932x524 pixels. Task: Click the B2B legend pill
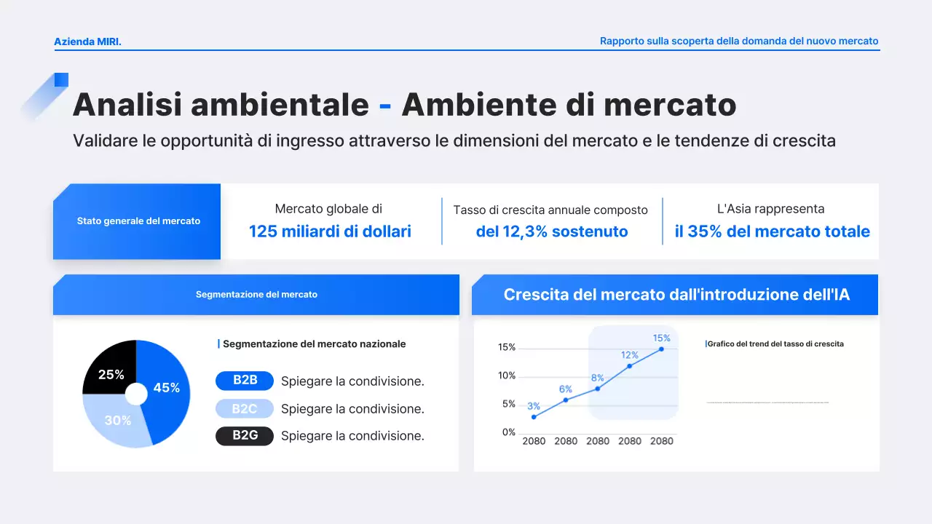245,381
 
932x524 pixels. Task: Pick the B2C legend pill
245,408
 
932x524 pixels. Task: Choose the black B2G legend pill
245,436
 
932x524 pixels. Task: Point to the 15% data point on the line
661,349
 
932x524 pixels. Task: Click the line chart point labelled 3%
534,417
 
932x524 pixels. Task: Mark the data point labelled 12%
630,366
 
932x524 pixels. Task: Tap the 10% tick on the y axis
507,376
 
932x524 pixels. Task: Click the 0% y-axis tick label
508,432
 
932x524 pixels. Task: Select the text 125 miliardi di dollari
330,231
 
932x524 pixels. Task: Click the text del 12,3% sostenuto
551,231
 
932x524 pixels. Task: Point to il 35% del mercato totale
772,231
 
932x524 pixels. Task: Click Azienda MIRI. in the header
87,41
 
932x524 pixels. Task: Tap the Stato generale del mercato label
138,221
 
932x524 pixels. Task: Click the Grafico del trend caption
775,344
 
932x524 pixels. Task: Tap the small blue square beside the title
61,79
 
